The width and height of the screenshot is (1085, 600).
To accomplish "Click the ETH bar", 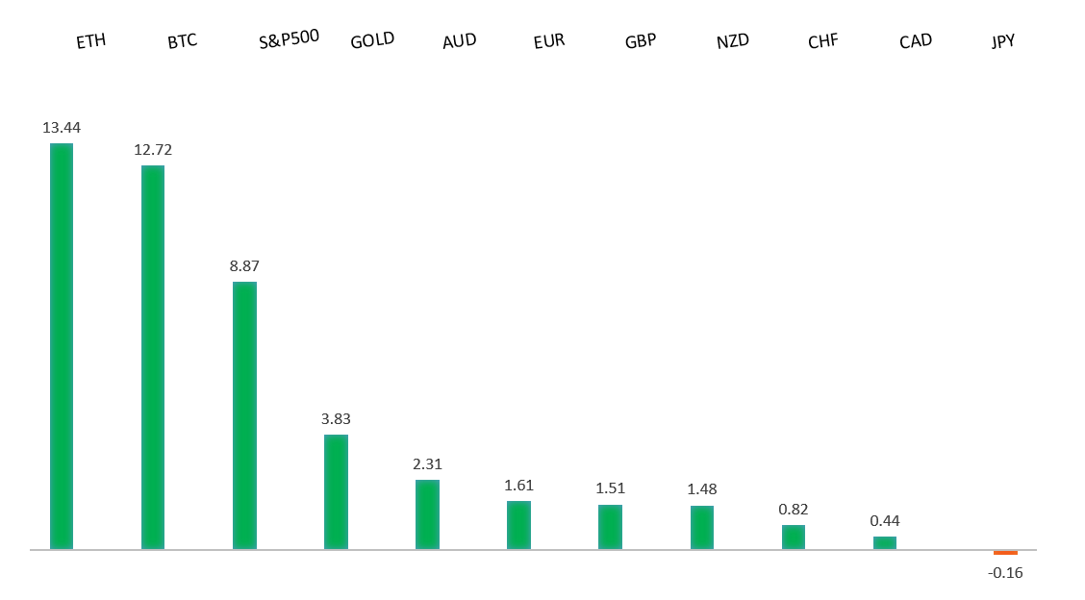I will click(x=62, y=346).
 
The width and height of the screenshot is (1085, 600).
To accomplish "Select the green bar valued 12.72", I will click(x=153, y=357).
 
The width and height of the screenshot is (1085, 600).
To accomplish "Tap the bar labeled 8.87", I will click(x=244, y=415).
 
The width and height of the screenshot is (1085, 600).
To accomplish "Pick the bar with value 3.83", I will click(x=336, y=491).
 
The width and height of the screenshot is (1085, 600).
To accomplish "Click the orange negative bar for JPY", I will click(x=1005, y=553).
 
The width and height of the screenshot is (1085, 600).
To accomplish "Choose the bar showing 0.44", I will click(x=885, y=542).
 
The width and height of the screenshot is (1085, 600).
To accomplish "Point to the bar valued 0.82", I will click(x=794, y=537).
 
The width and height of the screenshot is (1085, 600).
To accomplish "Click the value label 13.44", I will click(x=62, y=128).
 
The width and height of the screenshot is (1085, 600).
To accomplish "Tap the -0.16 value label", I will click(x=1005, y=573).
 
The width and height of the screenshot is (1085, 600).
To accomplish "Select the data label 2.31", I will click(x=427, y=464).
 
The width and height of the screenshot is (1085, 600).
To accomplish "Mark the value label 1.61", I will click(x=518, y=486).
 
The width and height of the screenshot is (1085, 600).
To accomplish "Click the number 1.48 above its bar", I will click(x=702, y=489).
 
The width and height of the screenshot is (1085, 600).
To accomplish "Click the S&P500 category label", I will click(x=289, y=39).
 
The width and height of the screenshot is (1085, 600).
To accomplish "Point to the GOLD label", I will click(x=372, y=41).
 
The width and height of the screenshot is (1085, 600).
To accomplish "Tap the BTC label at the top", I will click(x=182, y=41).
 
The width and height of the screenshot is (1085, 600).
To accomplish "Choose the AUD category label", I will click(x=459, y=41).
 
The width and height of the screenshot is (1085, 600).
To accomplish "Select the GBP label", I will click(x=641, y=41).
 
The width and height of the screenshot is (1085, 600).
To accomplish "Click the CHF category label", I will click(x=823, y=41).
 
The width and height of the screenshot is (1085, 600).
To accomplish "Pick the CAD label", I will click(x=916, y=41).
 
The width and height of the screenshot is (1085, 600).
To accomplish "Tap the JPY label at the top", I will click(x=1003, y=41).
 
